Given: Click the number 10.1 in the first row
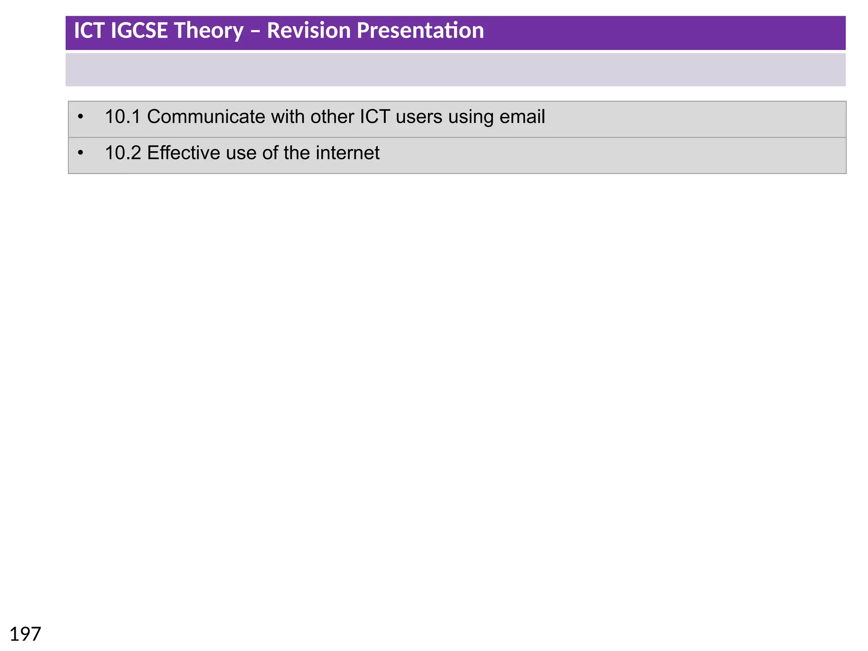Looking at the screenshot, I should tap(122, 117).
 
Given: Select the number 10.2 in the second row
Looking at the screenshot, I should tap(122, 153).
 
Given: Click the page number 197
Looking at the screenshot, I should tap(25, 634).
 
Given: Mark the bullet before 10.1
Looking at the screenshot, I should tap(81, 117).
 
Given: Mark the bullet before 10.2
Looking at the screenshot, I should tap(81, 153).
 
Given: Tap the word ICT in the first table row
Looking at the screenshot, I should tap(375, 117).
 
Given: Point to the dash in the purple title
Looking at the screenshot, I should tap(255, 31).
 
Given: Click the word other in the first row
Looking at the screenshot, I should tap(332, 117).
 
